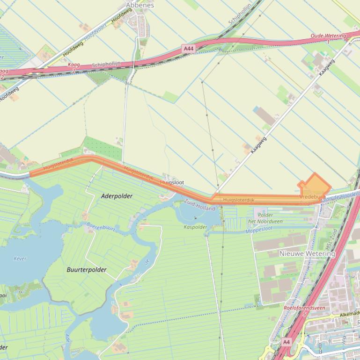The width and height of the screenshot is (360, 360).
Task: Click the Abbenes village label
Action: point(140,5)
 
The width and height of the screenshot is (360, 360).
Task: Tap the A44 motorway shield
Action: point(188,48)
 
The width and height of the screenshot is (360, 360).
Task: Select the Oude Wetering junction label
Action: point(328,36)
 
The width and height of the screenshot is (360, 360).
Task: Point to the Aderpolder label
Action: point(117,196)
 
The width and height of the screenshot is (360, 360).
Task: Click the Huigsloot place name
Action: point(172,182)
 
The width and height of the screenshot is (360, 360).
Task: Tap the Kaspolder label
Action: point(195,226)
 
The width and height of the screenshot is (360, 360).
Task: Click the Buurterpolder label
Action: point(87,269)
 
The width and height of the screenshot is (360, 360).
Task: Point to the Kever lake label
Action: point(20,258)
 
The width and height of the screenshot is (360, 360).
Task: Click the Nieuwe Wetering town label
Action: point(307,253)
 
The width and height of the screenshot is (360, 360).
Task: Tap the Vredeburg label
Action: point(311,197)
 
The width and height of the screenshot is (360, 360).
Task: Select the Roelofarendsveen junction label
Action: point(304,308)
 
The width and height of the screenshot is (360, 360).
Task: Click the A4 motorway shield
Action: point(286,342)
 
